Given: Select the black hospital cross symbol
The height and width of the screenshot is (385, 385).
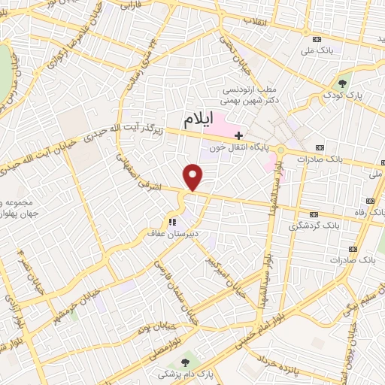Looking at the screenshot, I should coord(239,135).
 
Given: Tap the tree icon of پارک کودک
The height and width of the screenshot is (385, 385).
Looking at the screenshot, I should coord(344,83).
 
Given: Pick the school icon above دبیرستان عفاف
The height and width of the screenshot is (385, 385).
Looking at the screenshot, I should coord(172,222).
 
